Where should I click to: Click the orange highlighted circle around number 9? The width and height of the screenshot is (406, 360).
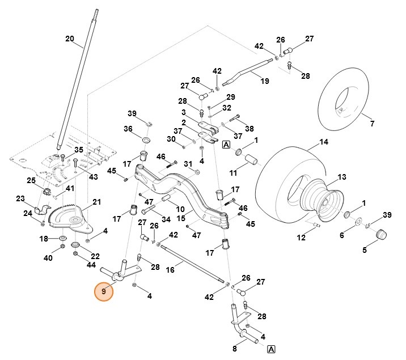click(104, 292)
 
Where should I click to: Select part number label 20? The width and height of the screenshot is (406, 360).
click(70, 39)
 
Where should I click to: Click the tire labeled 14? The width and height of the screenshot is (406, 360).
click(278, 181)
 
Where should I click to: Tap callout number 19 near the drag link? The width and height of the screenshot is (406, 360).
click(264, 81)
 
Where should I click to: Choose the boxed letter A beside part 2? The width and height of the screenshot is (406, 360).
click(226, 145)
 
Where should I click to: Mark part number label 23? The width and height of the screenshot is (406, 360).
click(20, 199)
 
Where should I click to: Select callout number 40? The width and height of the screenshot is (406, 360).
click(48, 258)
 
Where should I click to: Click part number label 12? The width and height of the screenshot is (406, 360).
click(301, 238)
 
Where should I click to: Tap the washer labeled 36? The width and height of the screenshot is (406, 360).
click(145, 139)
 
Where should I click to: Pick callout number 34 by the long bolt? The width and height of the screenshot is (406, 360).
click(166, 219)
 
